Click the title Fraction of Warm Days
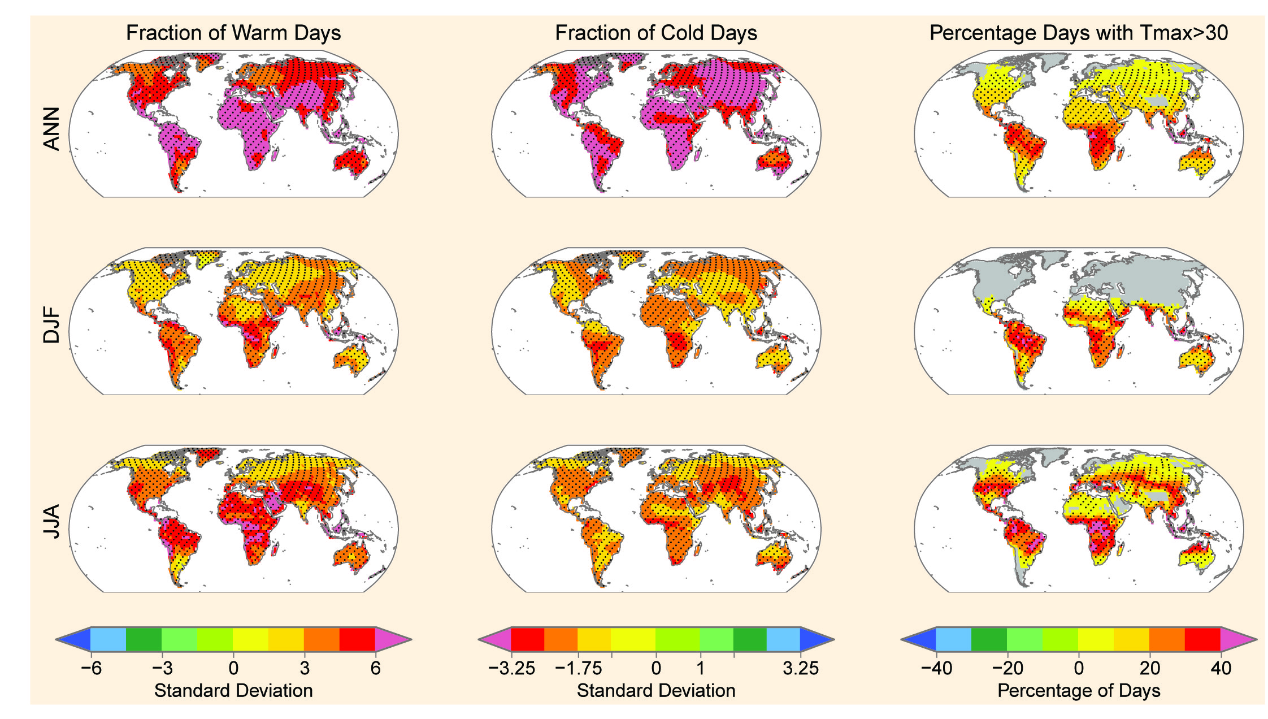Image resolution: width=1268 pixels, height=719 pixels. pos(233,33)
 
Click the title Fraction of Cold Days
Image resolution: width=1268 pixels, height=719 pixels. pos(655,33)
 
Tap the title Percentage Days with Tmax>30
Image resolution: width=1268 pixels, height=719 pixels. pos(1078,33)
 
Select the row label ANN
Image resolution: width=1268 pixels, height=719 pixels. pos(51,129)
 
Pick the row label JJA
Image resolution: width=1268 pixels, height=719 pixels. pos(51,522)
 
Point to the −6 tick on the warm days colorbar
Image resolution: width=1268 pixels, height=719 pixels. pos(91,668)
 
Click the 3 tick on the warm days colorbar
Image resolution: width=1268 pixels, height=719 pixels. pos(304,668)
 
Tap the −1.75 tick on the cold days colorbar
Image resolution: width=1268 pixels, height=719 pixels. pos(578,668)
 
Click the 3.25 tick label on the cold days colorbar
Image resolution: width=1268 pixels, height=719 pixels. pos(800,668)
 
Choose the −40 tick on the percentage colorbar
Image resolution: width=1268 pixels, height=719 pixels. pos(936,668)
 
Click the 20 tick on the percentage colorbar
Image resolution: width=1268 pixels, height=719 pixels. pos(1149,668)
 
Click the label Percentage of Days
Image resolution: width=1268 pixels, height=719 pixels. pos(1078,691)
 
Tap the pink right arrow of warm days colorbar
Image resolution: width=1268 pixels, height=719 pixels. pos(392,639)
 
